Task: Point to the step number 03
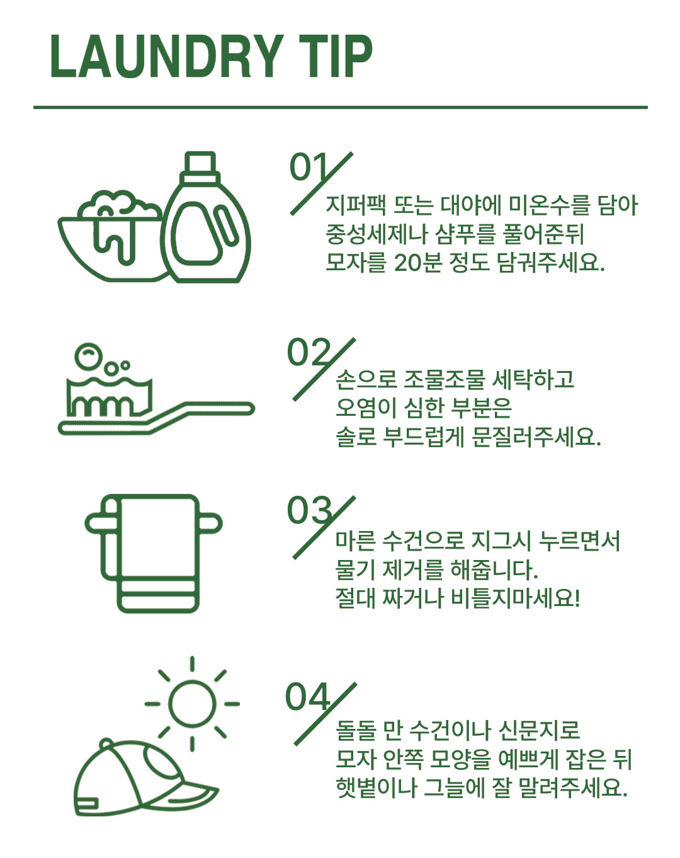coord(309,511)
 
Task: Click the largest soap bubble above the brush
coord(88,355)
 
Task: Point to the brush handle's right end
coord(251,409)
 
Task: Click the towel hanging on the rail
coord(157,554)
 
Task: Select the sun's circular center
coord(192,704)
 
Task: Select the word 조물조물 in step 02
coord(444,380)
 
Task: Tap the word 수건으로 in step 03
coord(423,541)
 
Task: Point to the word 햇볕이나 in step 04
coord(376,788)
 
